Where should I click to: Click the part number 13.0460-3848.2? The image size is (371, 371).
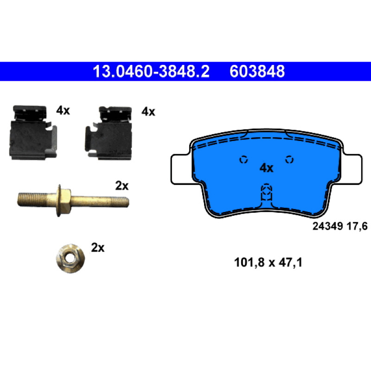[x=151, y=71]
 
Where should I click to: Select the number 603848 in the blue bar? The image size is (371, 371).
[x=257, y=71]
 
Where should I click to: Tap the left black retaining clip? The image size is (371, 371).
[x=33, y=132]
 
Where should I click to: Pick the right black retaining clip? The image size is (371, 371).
[x=109, y=133]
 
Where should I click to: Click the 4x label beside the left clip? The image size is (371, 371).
[x=63, y=110]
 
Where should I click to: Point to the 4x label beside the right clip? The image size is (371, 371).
[x=148, y=111]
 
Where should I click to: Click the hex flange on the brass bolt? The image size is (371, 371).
[x=64, y=200]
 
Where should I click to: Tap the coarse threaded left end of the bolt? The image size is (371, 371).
[x=32, y=199]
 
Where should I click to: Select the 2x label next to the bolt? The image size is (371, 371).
[x=122, y=186]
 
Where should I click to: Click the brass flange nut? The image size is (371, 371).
[x=70, y=259]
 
